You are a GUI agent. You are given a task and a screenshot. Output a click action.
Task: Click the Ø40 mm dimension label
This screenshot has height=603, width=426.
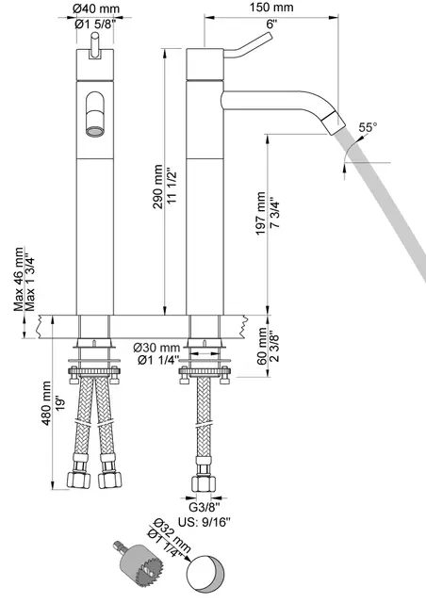point(96,8)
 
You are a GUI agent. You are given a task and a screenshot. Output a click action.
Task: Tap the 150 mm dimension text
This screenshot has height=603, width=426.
point(270,8)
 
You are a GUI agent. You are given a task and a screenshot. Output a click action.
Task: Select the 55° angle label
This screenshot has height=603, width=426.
point(368,127)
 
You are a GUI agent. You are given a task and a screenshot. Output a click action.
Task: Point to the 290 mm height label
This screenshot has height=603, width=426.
point(157,187)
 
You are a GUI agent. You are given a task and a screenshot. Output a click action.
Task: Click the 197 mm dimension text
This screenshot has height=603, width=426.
point(260,214)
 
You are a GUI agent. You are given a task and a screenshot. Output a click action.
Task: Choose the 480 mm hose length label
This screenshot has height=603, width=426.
point(46,403)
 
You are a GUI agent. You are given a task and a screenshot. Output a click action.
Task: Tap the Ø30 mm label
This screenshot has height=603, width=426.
point(156,348)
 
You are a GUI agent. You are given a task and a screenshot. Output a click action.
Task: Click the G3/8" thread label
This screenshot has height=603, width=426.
point(205,507)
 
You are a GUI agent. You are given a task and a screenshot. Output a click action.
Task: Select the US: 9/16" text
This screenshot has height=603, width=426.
point(204,522)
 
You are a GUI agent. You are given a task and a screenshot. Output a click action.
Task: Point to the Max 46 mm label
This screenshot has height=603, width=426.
point(19,279)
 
